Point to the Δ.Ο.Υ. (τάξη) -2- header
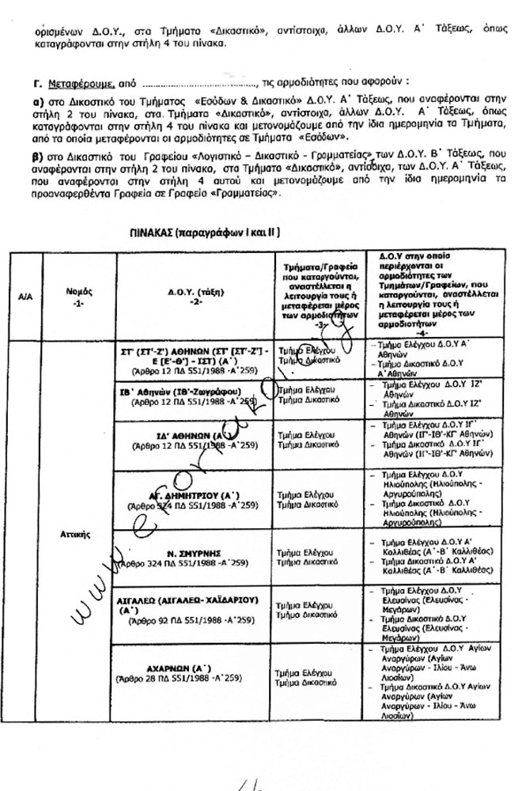pos(192,296)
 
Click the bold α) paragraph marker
pos(38,104)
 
